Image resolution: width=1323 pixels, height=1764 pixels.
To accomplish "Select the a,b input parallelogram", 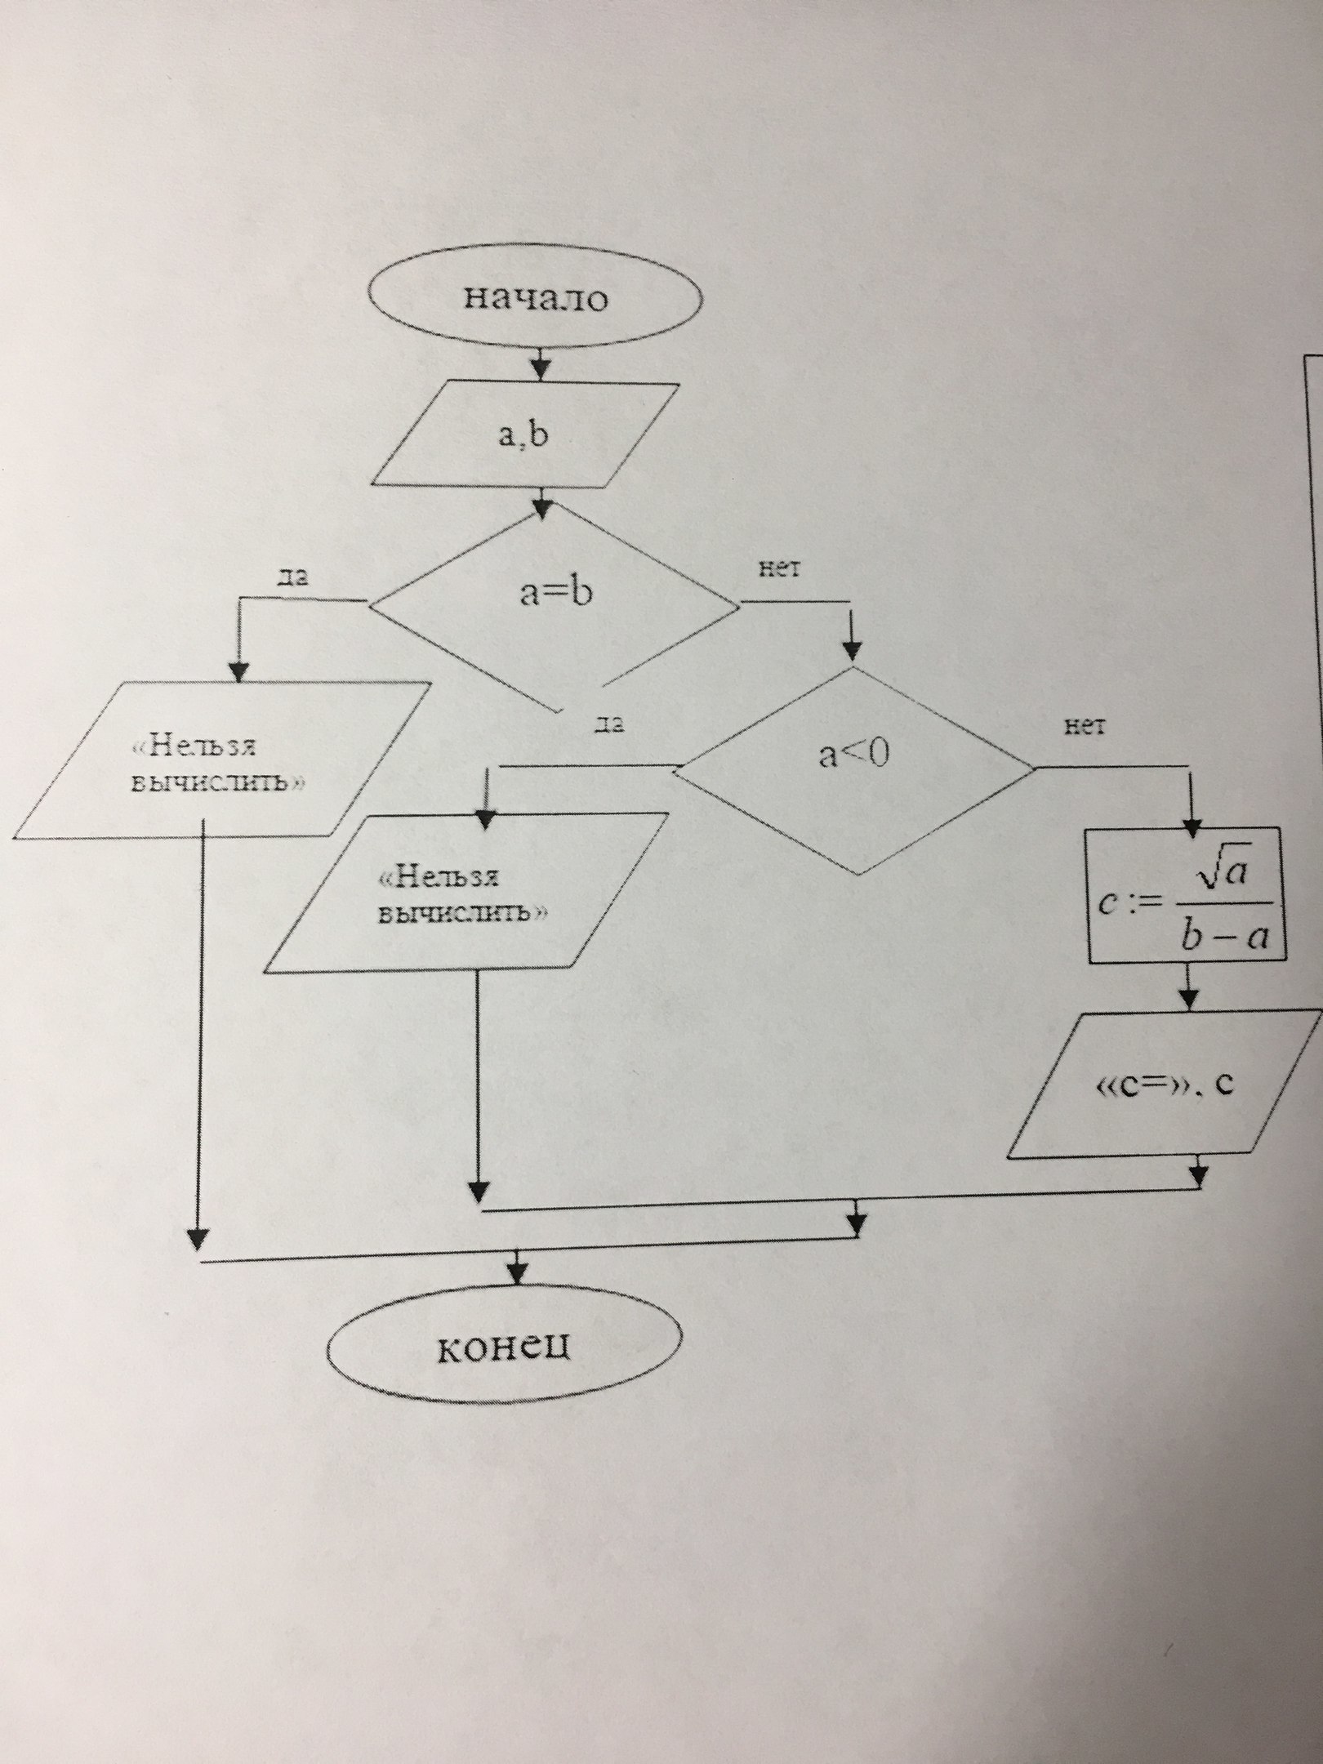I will (524, 434).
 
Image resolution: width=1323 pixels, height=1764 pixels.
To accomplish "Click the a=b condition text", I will (555, 593).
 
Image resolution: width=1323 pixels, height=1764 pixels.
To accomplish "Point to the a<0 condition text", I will (853, 755).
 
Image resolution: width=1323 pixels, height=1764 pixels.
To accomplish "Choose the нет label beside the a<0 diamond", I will (1085, 727).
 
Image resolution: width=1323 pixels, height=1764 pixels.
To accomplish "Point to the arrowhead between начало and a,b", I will (541, 368).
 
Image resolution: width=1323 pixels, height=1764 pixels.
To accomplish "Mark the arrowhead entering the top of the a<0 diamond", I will (853, 651).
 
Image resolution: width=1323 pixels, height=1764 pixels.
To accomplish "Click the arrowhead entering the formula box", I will (1188, 819).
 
